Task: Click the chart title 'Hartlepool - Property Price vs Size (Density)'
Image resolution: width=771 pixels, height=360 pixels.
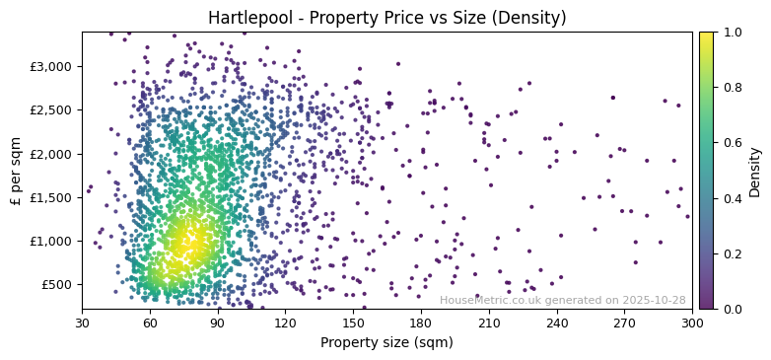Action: [386, 18]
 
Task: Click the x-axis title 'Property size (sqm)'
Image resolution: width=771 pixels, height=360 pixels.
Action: [386, 342]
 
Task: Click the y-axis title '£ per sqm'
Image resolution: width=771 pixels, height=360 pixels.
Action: [16, 171]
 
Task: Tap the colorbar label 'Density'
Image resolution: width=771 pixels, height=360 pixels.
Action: [754, 171]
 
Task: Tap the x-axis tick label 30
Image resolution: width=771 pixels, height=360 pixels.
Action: [82, 322]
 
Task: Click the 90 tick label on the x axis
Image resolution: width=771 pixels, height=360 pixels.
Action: [218, 322]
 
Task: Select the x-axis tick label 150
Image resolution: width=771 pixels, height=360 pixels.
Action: [353, 322]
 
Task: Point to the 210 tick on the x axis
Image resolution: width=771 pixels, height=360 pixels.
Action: [489, 322]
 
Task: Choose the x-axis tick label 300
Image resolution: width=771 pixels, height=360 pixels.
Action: [692, 322]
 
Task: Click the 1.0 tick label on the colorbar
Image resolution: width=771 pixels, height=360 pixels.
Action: [731, 33]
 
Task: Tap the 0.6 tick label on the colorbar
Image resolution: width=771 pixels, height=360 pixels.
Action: [731, 143]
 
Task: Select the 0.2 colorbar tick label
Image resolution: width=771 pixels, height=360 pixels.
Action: [731, 253]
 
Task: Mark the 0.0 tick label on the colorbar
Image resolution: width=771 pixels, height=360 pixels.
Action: [731, 309]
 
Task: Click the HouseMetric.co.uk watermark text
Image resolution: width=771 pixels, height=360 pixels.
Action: [562, 300]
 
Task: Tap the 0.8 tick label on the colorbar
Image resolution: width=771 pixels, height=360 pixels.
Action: [731, 88]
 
